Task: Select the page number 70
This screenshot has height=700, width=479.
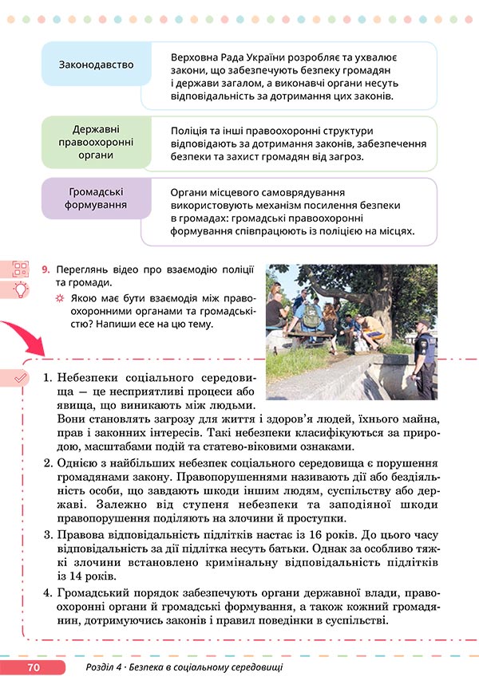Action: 33,667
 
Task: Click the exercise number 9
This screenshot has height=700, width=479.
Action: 46,269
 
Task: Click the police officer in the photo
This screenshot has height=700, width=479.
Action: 424,356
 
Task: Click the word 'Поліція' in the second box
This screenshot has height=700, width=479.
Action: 191,130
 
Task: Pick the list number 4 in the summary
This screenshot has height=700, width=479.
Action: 46,593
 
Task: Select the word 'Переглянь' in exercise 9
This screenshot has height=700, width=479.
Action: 85,269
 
